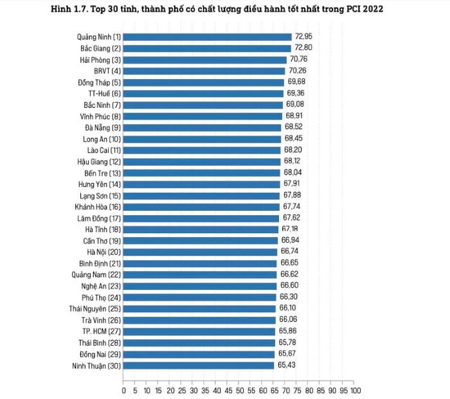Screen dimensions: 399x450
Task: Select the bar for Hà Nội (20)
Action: tap(200, 251)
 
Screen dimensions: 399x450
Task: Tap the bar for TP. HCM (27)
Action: tap(199, 331)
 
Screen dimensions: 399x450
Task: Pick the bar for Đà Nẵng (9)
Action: tap(202, 127)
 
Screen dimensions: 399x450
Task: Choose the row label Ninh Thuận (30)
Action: tap(96, 365)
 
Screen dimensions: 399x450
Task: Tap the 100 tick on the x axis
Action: tap(355, 389)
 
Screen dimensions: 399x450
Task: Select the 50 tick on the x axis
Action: tap(239, 389)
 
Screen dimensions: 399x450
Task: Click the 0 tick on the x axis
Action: tap(123, 389)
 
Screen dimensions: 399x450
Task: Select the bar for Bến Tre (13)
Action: tap(202, 173)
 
